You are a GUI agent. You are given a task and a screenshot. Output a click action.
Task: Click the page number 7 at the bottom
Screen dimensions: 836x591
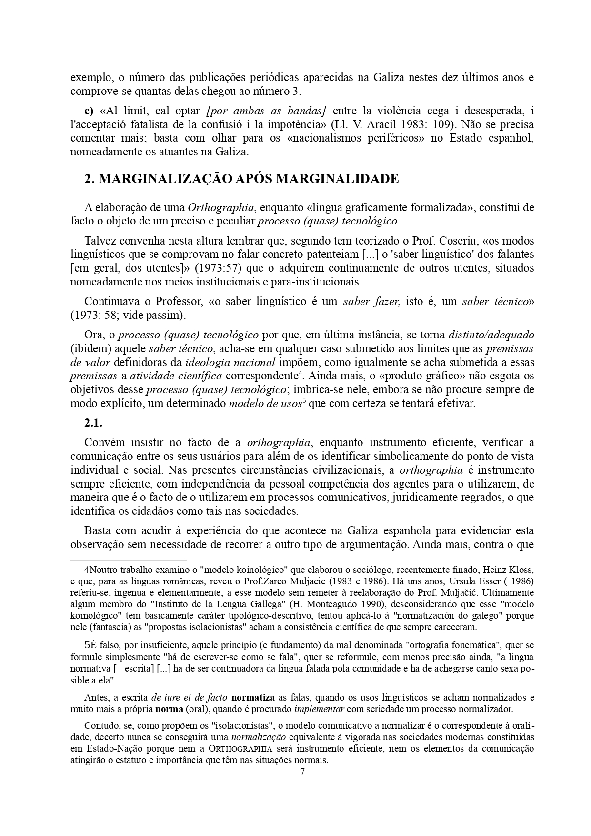click(302, 772)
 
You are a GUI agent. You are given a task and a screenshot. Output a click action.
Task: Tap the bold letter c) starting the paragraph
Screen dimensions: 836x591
click(89, 111)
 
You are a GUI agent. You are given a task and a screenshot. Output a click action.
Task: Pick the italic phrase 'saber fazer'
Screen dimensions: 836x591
click(372, 301)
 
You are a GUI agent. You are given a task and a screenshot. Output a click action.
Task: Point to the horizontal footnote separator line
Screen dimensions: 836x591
click(128, 561)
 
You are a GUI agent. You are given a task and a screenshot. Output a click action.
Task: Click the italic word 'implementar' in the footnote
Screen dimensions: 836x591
click(319, 709)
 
